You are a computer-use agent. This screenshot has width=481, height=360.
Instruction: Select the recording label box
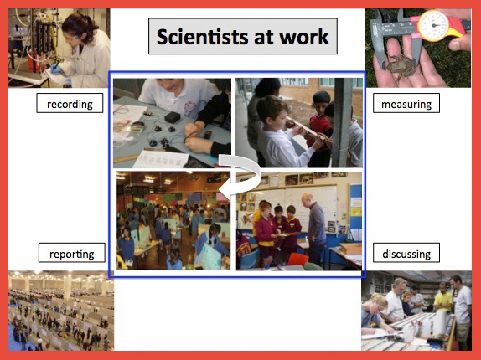(x=70, y=103)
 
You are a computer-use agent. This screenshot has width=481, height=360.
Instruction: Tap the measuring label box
(x=406, y=103)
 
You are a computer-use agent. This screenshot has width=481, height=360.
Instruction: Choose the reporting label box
(x=72, y=253)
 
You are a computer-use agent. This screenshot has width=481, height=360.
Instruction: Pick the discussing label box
(x=406, y=253)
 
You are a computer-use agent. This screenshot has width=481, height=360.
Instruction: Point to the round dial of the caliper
(x=433, y=25)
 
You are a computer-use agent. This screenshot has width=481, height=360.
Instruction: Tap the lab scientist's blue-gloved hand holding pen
(x=56, y=69)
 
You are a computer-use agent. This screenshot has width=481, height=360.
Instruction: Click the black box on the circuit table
(x=172, y=117)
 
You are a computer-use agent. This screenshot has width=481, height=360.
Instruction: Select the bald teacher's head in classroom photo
(x=307, y=200)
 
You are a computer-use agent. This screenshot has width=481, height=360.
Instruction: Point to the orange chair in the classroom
(x=298, y=260)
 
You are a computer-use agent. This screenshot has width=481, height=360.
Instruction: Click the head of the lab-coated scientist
(x=78, y=28)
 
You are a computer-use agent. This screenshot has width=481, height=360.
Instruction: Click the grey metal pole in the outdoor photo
(x=343, y=122)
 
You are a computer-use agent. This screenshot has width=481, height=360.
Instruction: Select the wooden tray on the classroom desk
(x=350, y=248)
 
